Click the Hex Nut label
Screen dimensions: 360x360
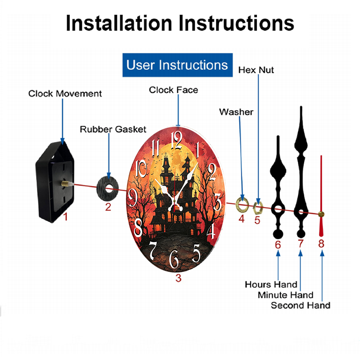click(256, 70)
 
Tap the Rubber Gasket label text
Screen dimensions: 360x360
click(113, 129)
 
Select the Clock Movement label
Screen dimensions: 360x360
click(65, 94)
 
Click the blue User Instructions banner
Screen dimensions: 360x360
click(177, 65)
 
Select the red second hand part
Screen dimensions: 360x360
click(321, 196)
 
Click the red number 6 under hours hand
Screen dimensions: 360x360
click(278, 245)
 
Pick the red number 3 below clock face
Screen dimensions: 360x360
click(179, 278)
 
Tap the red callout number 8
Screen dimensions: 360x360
click(321, 244)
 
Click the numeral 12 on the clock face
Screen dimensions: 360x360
click(176, 140)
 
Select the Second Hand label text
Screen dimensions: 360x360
click(301, 305)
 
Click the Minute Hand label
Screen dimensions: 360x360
click(285, 295)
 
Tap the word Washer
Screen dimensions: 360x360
click(236, 112)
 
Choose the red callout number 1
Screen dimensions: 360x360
click(66, 217)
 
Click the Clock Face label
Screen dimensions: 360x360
click(174, 90)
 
